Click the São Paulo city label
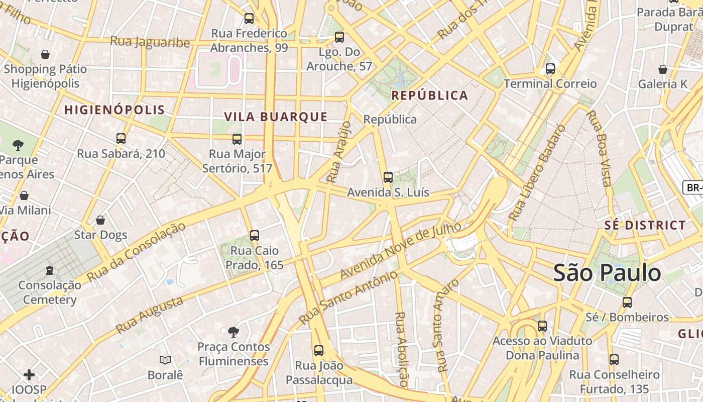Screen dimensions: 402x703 607,273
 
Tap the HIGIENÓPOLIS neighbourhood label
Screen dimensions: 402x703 114,110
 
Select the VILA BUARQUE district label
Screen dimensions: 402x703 276,117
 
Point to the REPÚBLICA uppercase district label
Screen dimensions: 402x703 429,95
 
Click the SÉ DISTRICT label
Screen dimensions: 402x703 645,225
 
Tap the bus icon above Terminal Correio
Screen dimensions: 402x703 550,69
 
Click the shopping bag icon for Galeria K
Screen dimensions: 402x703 663,69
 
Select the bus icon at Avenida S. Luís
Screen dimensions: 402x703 388,177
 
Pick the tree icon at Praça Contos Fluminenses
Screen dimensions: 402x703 233,332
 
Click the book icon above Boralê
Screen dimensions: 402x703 165,360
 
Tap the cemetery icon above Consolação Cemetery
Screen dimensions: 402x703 50,271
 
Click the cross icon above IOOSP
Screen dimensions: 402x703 29,375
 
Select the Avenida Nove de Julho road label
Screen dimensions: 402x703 400,250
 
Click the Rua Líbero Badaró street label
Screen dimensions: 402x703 536,173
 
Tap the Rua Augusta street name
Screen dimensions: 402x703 149,315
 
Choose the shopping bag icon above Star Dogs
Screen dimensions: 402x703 100,220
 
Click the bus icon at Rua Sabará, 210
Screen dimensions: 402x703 121,139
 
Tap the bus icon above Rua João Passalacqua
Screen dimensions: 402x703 319,351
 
